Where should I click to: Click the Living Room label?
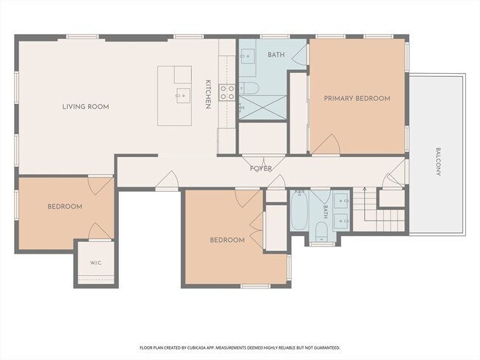click(x=86, y=107)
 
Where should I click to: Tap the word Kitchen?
click(x=208, y=94)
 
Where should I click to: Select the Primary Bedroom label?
click(x=357, y=99)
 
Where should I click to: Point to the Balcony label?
click(x=438, y=162)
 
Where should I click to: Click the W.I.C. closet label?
click(x=96, y=263)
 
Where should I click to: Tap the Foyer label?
click(x=261, y=168)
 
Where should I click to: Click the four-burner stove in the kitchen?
click(x=227, y=93)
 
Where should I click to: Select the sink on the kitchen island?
click(x=182, y=96)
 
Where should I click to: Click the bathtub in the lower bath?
click(x=299, y=210)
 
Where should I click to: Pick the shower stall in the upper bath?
click(x=263, y=108)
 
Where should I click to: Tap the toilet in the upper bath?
click(x=249, y=88)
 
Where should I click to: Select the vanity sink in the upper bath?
click(x=248, y=56)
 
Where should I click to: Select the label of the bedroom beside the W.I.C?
click(x=65, y=207)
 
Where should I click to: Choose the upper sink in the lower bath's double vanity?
click(x=341, y=201)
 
